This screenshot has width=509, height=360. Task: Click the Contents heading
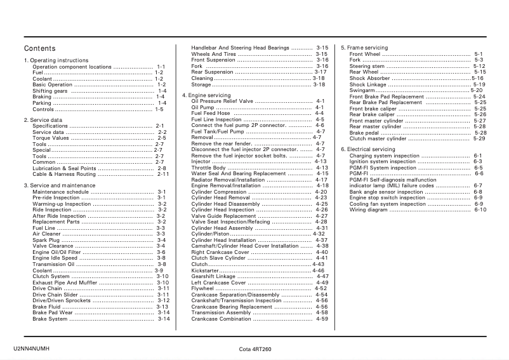click(x=39, y=49)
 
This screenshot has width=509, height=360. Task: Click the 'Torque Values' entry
click(x=51, y=138)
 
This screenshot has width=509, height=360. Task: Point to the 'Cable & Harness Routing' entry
click(x=64, y=174)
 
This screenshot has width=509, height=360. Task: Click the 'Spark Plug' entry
click(x=46, y=241)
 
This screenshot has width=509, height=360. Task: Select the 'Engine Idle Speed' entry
click(x=55, y=258)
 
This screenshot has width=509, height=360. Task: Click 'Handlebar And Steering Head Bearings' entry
click(x=241, y=48)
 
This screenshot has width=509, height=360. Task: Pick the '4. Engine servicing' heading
click(x=206, y=95)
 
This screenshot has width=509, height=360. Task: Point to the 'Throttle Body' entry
click(x=208, y=168)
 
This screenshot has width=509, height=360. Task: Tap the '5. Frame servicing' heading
click(x=364, y=48)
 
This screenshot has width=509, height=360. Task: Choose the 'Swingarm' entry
click(x=362, y=91)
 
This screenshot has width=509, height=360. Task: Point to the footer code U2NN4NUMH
click(x=31, y=349)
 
